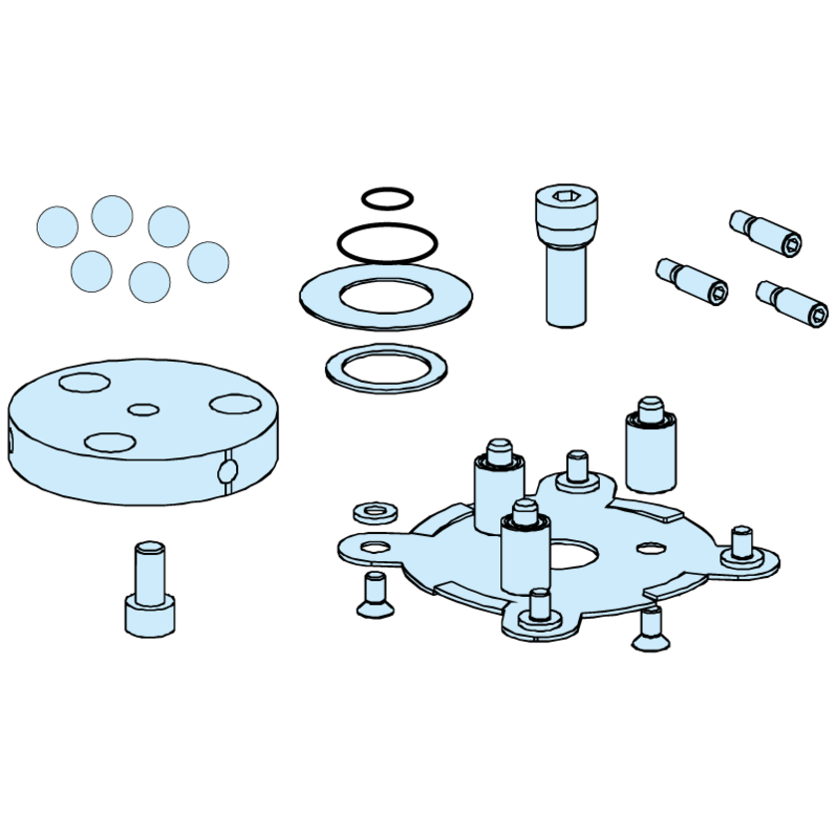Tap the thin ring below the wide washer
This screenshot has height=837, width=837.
387,383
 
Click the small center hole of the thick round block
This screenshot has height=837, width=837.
144,409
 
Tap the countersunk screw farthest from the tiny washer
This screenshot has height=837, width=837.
650,629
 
